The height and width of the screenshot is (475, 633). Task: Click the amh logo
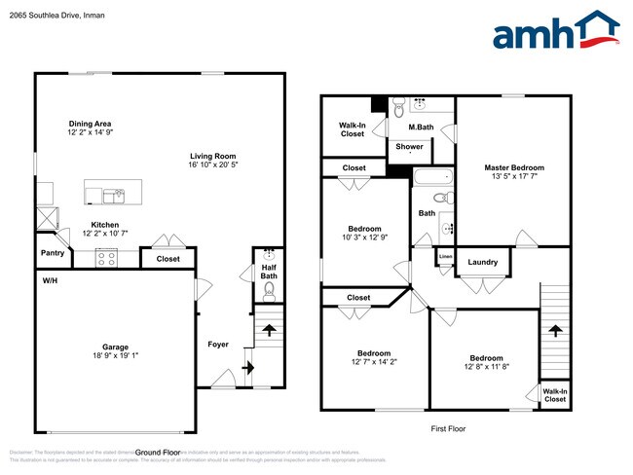pyautogui.click(x=555, y=31)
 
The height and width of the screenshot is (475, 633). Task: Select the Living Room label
pyautogui.click(x=212, y=156)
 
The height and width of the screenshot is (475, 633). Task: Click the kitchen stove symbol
pyautogui.click(x=106, y=259)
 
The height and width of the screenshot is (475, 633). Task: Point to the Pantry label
pyautogui.click(x=53, y=253)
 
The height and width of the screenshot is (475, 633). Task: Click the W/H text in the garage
pyautogui.click(x=49, y=280)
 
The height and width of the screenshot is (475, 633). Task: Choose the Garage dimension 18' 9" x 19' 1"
pyautogui.click(x=116, y=355)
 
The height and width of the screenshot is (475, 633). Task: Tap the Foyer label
pyautogui.click(x=217, y=345)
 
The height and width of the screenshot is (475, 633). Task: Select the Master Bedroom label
pyautogui.click(x=514, y=167)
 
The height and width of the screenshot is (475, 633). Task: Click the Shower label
pyautogui.click(x=409, y=147)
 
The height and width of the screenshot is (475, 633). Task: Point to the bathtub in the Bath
pyautogui.click(x=430, y=179)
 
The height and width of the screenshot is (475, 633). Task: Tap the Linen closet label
pyautogui.click(x=445, y=257)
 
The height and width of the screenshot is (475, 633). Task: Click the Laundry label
pyautogui.click(x=483, y=262)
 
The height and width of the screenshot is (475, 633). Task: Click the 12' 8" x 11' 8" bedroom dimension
pyautogui.click(x=486, y=366)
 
